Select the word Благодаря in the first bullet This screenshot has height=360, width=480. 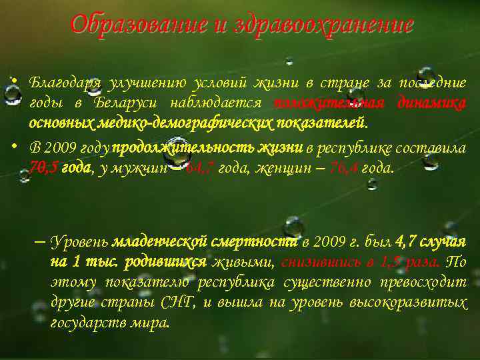click(x=65, y=83)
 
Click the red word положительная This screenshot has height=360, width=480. click(x=329, y=103)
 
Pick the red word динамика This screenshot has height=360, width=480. click(x=431, y=103)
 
